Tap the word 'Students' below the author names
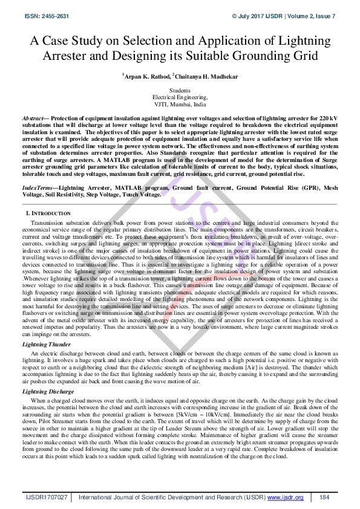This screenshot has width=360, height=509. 180,90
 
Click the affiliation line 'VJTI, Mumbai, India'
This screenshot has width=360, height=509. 180,103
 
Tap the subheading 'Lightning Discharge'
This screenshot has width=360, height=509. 48,392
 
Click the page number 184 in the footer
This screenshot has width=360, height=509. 324,497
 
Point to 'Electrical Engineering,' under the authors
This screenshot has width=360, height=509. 180,97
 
